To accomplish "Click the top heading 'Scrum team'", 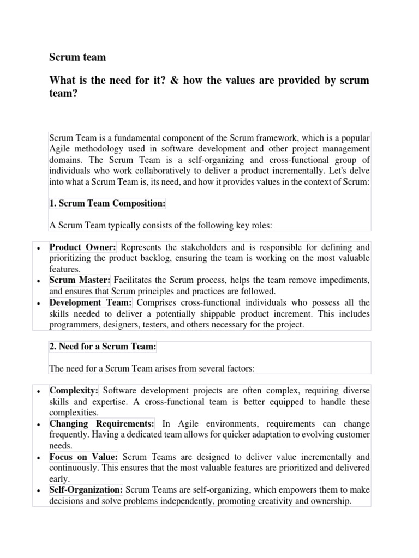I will (x=77, y=57).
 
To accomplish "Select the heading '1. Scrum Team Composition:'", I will (x=107, y=203).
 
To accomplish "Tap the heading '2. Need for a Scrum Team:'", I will (x=103, y=347).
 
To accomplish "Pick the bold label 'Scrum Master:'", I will (x=80, y=280).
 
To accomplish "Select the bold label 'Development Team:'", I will (x=91, y=302).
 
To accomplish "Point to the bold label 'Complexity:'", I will (x=74, y=391).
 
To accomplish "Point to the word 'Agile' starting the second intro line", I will (x=61, y=148).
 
